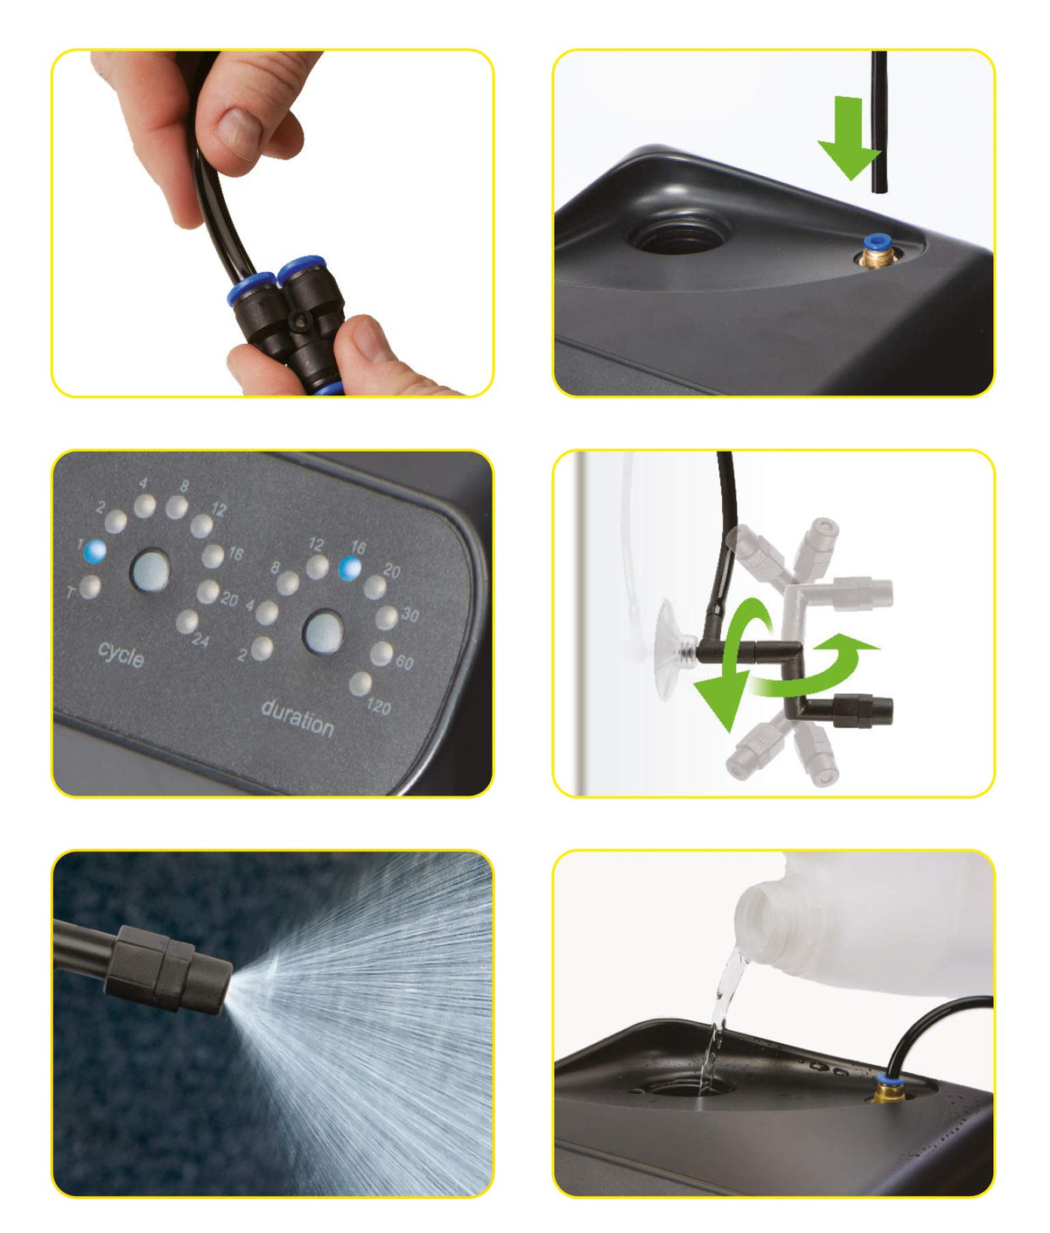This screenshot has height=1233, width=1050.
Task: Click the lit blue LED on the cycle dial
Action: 94,552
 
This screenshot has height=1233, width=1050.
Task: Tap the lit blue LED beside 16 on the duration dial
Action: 350,569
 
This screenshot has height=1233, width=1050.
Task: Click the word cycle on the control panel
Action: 121,655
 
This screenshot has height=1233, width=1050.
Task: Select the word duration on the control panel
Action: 297,718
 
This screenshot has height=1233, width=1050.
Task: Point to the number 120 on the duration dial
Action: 378,706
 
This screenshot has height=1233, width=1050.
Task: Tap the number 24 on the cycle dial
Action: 200,640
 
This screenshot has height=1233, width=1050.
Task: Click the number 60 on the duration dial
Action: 404,662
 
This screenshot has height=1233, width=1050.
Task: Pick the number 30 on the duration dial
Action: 409,613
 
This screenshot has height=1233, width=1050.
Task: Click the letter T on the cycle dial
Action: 70,592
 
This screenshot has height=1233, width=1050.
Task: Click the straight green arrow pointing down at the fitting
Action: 849,137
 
